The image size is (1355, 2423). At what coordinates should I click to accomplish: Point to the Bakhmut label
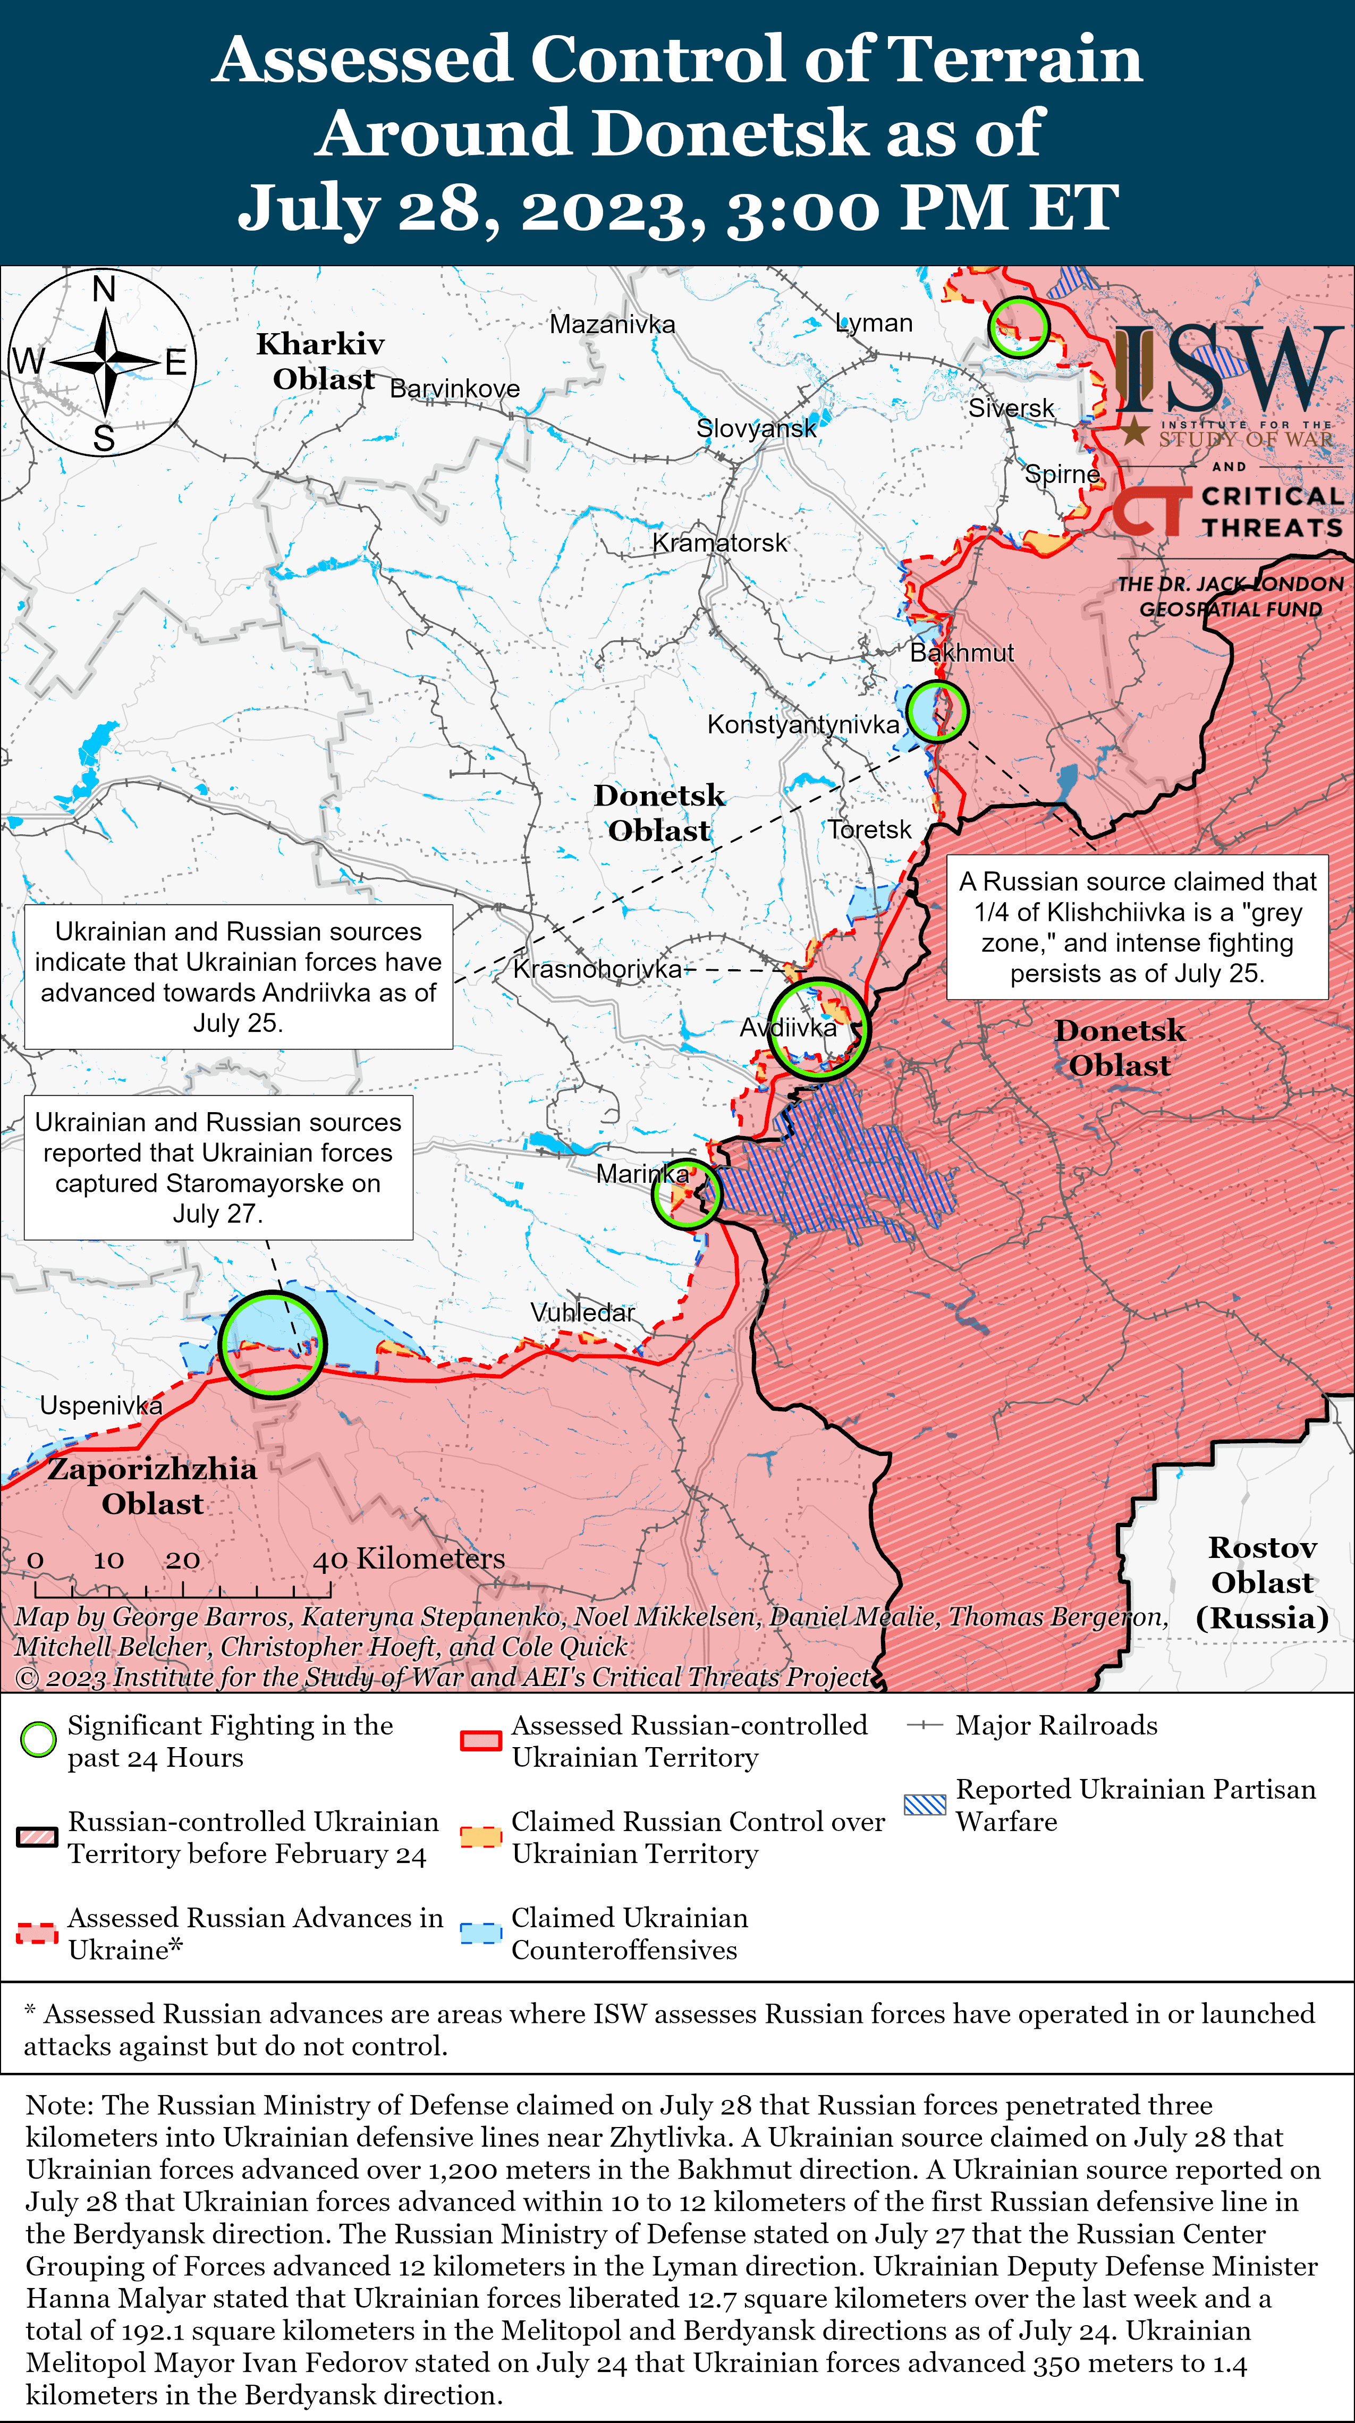click(x=962, y=653)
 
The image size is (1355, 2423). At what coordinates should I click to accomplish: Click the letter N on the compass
click(x=104, y=289)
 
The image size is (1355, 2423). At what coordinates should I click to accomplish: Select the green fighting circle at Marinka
click(x=687, y=1193)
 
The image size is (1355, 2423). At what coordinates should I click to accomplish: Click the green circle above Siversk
click(x=1018, y=326)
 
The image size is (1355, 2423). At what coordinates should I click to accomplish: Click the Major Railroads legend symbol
click(x=925, y=1725)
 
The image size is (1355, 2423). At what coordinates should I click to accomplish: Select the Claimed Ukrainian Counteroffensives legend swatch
click(x=480, y=1933)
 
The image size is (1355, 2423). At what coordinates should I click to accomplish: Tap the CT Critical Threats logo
click(x=1227, y=511)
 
